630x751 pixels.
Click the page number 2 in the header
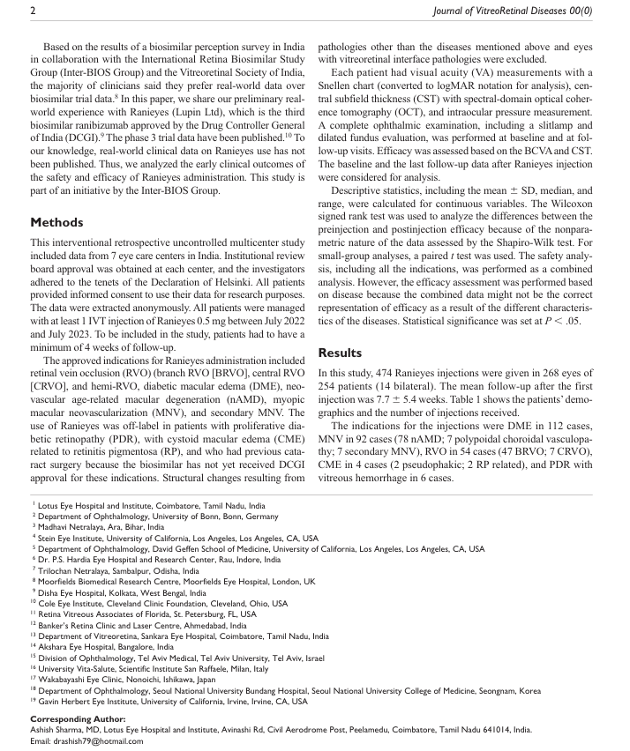pos(33,11)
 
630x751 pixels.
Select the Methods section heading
pos(59,222)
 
